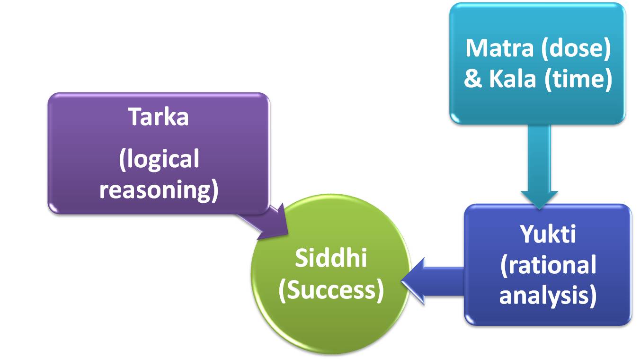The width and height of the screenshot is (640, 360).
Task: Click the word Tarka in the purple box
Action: click(x=159, y=116)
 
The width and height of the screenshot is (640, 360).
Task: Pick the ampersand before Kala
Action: click(x=472, y=79)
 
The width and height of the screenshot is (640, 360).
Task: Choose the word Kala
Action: click(x=513, y=79)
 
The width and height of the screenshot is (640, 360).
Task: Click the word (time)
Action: click(x=578, y=79)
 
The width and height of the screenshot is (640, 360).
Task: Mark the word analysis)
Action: click(x=548, y=296)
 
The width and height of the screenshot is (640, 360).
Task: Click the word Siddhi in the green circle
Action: click(x=331, y=259)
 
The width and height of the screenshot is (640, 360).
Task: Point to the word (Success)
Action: click(x=331, y=290)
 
